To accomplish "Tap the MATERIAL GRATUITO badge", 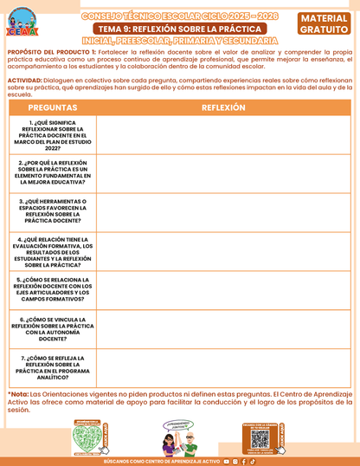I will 325,24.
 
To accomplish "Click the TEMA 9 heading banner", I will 179,29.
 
